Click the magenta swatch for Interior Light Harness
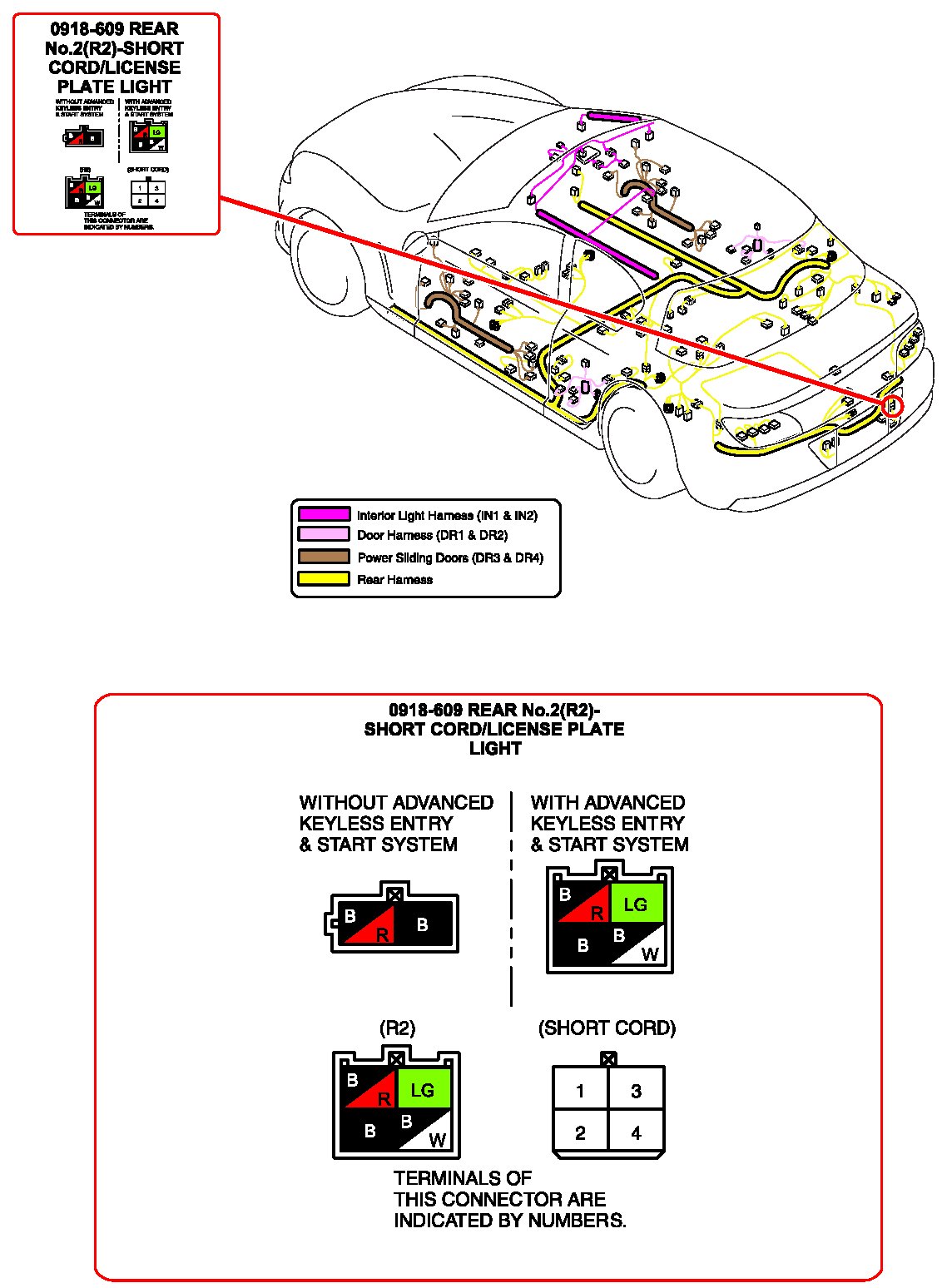pyautogui.click(x=324, y=515)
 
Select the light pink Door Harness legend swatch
pyautogui.click(x=324, y=535)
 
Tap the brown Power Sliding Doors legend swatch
pyautogui.click(x=324, y=557)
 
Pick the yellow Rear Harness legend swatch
pyautogui.click(x=324, y=579)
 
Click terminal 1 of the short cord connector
pyautogui.click(x=580, y=1091)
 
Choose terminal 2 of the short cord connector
pyautogui.click(x=580, y=1132)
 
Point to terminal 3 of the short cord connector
pyautogui.click(x=636, y=1091)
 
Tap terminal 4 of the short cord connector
pyautogui.click(x=636, y=1132)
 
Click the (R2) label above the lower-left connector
pyautogui.click(x=397, y=1028)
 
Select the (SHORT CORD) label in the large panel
pyautogui.click(x=607, y=1028)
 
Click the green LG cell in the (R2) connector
pyautogui.click(x=424, y=1089)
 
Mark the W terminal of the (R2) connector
pyautogui.click(x=437, y=1140)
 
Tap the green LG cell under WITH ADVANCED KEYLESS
pyautogui.click(x=636, y=904)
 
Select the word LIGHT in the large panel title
pyautogui.click(x=495, y=748)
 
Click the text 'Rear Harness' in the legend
pyautogui.click(x=394, y=580)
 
